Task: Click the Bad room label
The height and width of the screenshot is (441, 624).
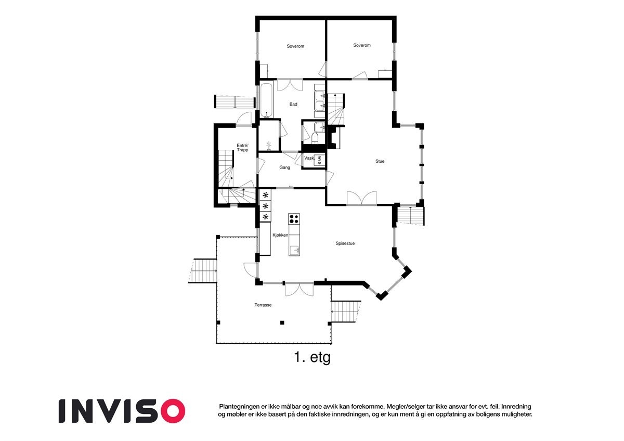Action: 293,105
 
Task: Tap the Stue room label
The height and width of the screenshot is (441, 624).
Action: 380,161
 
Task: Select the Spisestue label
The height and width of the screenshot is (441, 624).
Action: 345,243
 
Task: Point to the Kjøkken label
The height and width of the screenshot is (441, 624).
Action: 280,235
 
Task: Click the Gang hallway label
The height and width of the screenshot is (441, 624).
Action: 284,167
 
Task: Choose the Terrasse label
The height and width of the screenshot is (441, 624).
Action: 263,305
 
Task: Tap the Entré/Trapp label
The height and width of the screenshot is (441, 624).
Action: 242,147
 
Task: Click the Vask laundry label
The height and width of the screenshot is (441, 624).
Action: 309,158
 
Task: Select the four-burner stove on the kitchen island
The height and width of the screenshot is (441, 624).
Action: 294,219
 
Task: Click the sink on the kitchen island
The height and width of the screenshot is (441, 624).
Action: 295,251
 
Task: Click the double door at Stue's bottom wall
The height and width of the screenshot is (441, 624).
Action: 361,199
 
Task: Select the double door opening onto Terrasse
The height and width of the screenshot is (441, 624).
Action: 299,289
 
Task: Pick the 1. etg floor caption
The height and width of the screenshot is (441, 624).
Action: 312,358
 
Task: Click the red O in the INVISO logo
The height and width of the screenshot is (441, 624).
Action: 172,411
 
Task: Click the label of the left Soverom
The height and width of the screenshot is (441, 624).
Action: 295,46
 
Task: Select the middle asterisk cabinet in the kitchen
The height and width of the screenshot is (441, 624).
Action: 265,206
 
